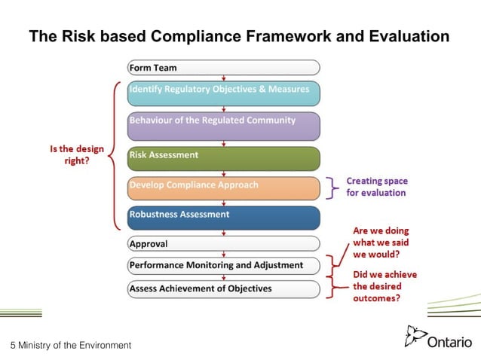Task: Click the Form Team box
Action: [223, 67]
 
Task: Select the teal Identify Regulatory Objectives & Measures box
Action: [223, 93]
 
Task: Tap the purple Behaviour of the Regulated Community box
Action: [223, 125]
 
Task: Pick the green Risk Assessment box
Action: [223, 157]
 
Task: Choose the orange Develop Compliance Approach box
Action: [223, 187]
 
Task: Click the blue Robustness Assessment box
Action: [223, 217]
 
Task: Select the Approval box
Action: [223, 243]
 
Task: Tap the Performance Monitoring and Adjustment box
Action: [223, 265]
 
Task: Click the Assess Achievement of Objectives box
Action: [223, 288]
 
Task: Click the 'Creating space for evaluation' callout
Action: [375, 187]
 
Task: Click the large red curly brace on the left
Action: [115, 154]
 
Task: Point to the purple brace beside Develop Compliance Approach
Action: [332, 187]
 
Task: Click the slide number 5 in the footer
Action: [12, 345]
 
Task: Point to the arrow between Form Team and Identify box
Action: [223, 78]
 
